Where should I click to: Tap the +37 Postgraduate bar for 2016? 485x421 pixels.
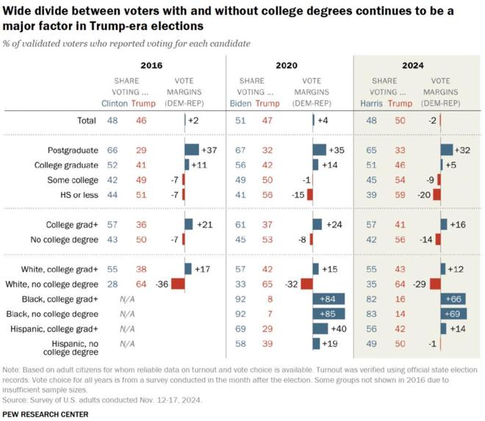[192, 150]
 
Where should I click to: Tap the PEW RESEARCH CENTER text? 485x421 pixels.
[46, 414]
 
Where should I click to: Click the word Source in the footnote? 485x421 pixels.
[15, 401]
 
